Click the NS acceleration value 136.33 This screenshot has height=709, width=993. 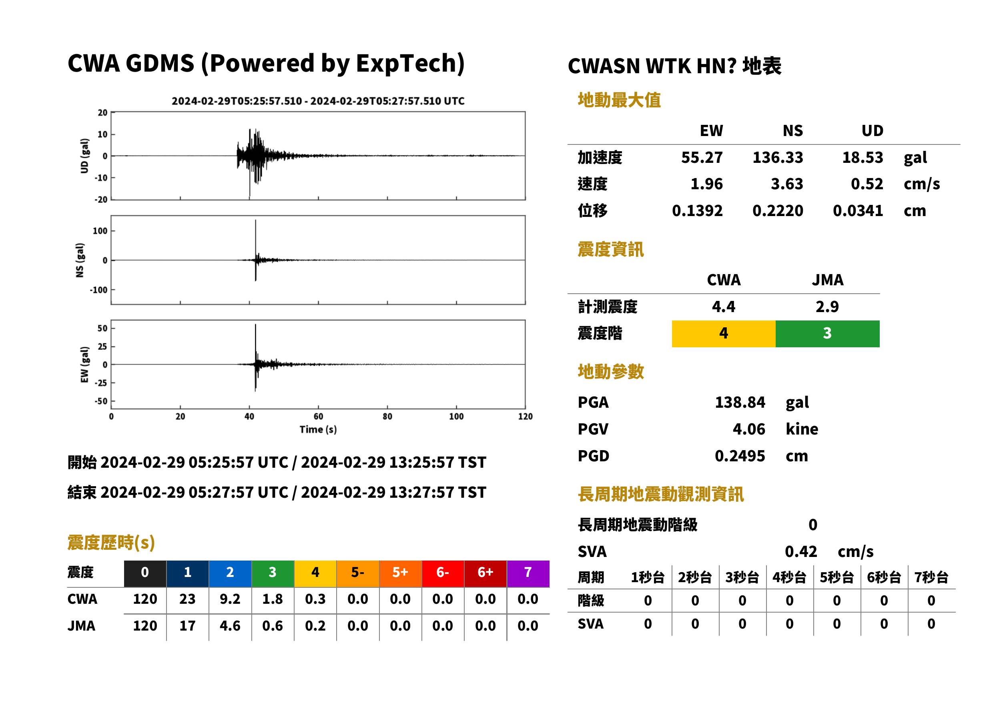(778, 158)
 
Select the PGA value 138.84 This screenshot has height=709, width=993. (740, 402)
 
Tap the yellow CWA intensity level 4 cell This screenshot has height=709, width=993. (724, 334)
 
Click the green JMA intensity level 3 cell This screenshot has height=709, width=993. (828, 334)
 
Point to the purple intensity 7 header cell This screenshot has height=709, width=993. (528, 573)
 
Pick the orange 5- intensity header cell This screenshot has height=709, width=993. (358, 573)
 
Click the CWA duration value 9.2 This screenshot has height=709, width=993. (230, 599)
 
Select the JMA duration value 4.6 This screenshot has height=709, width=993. (230, 626)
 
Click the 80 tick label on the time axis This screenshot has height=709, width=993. (387, 417)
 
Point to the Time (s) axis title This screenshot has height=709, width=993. (318, 430)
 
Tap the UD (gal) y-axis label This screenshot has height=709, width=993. (85, 156)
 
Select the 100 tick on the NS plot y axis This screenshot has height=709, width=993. (100, 231)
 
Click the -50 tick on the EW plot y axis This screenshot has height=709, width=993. (101, 401)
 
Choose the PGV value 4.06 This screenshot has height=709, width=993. (749, 429)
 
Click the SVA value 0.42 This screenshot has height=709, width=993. (801, 552)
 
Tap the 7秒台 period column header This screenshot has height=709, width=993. (931, 578)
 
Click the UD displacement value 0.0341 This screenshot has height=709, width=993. (858, 211)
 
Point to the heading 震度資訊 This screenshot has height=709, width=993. (610, 250)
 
